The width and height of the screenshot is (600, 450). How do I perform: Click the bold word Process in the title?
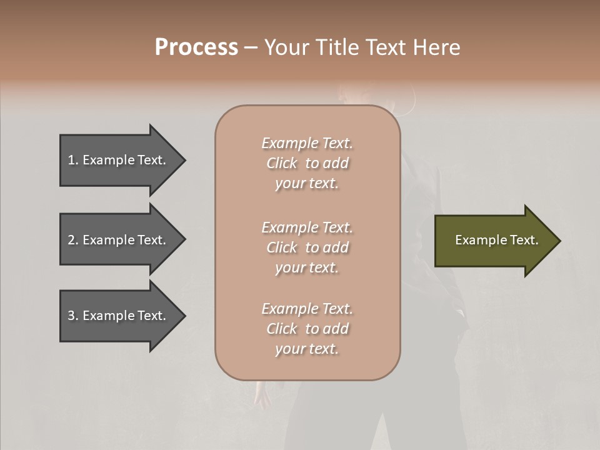[196, 47]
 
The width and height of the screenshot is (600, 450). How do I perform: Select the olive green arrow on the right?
[494, 241]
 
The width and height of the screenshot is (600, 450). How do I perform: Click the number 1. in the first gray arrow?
[73, 160]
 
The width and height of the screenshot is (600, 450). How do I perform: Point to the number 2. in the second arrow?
[73, 240]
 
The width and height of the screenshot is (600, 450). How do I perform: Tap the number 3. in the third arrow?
[73, 316]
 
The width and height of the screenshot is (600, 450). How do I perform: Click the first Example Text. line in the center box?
[307, 143]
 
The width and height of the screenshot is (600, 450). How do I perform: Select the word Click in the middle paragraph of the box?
[282, 247]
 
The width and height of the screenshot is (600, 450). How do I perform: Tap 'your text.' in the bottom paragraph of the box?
[307, 349]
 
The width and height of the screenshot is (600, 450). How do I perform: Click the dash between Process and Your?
[251, 47]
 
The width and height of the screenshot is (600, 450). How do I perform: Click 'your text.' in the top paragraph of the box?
[307, 184]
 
